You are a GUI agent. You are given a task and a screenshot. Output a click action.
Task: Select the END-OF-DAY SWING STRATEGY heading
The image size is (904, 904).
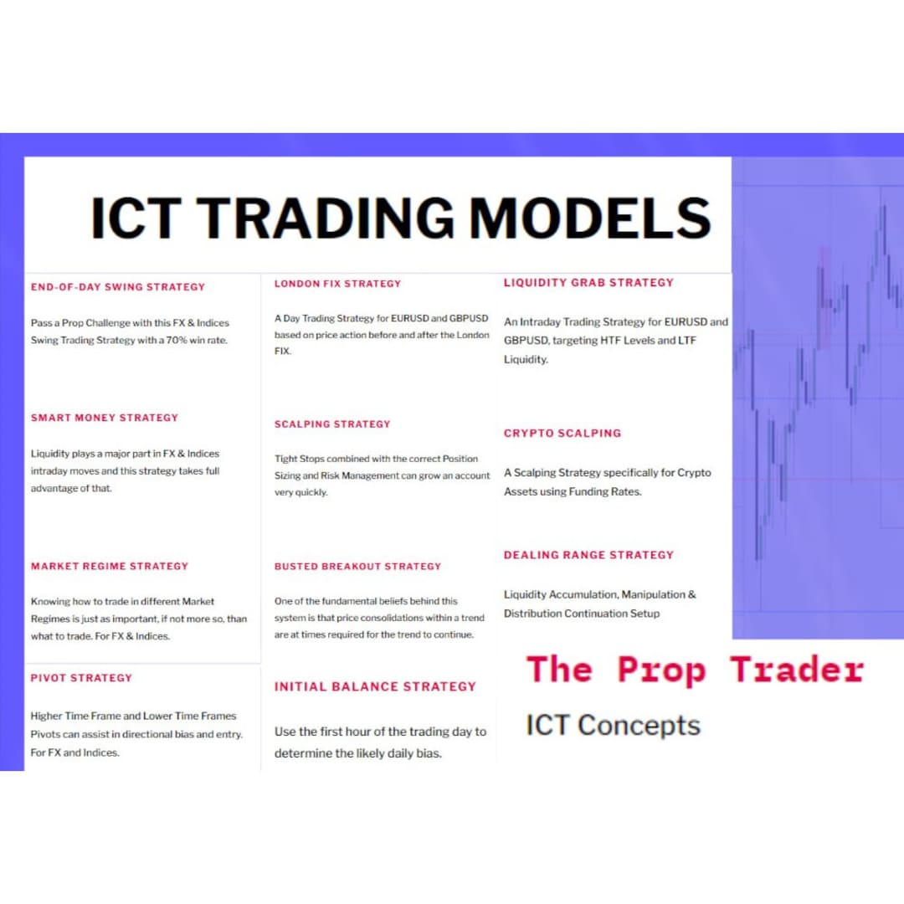[x=118, y=287]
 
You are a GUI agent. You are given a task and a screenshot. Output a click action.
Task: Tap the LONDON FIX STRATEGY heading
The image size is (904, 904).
[x=338, y=284]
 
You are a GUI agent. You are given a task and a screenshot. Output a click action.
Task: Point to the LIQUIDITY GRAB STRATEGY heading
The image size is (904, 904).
[x=588, y=283]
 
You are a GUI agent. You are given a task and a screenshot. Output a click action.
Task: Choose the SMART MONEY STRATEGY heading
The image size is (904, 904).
[x=105, y=418]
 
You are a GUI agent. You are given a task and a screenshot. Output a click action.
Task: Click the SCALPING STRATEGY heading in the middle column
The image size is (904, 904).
[x=332, y=424]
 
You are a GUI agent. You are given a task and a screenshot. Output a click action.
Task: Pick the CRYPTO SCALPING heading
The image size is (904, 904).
[x=562, y=434]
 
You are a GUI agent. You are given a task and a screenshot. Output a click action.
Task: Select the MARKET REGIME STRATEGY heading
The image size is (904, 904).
[x=110, y=567]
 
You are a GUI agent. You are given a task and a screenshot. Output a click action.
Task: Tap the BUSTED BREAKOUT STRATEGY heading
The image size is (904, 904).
[x=357, y=567]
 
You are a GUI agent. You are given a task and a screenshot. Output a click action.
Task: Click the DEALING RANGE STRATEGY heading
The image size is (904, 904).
[x=588, y=555]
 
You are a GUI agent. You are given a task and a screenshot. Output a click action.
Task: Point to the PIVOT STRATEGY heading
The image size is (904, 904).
[x=81, y=678]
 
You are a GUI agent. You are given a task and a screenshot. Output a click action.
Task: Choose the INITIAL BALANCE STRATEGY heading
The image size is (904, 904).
[x=375, y=686]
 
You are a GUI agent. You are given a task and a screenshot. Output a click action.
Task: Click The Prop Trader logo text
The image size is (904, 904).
[x=695, y=670]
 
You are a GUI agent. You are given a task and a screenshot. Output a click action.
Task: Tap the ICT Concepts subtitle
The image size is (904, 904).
[x=613, y=725]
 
